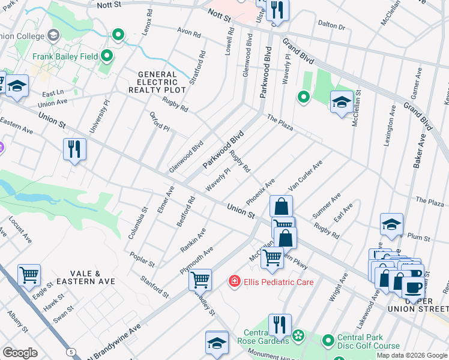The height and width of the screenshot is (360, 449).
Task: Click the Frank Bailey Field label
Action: (65, 57)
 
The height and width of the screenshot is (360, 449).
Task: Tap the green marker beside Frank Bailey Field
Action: (107, 56)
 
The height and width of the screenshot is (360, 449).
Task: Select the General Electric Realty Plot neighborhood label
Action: (152, 82)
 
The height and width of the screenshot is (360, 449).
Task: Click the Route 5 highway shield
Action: (72, 351)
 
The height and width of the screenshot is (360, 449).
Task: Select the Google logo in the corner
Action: (20, 353)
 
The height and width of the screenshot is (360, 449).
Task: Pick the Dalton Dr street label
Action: (332, 26)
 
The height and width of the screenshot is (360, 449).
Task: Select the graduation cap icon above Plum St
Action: (391, 225)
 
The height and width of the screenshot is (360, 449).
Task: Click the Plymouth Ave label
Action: (196, 260)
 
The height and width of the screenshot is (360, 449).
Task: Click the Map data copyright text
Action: (412, 355)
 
